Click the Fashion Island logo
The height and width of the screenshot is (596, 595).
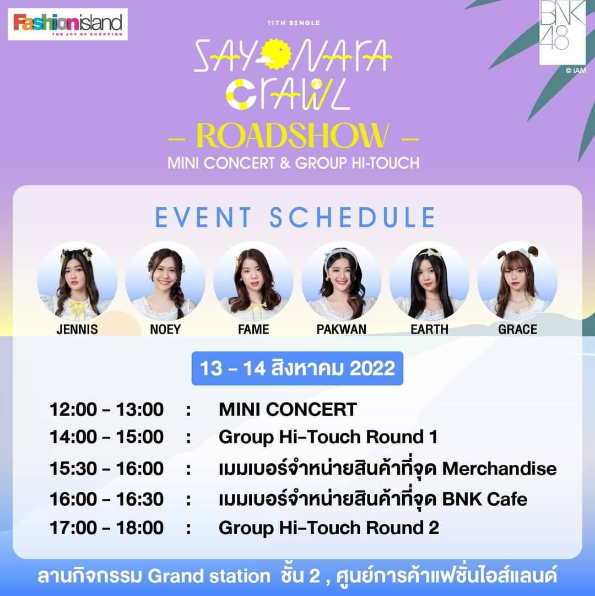coord(68,24)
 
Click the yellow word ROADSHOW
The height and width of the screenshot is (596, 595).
coord(293,136)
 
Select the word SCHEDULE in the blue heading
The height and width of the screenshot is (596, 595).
coord(353,217)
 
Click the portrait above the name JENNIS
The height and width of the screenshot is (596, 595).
coord(78,281)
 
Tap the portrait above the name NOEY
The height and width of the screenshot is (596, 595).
coord(165,281)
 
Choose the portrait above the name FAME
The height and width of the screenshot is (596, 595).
coord(253,281)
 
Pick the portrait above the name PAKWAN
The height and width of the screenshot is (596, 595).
coord(342,281)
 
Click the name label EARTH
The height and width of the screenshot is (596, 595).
coord(430,329)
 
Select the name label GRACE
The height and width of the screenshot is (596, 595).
coord(517,329)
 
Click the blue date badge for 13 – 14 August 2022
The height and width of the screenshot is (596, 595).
coord(297,368)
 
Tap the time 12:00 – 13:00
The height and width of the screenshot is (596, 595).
coord(107,409)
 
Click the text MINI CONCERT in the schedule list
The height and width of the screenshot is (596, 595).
coord(288,409)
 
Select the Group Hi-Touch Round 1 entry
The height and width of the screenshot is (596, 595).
coord(328,437)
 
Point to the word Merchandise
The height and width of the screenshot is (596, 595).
coord(499,469)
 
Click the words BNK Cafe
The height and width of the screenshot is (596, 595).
coord(485,499)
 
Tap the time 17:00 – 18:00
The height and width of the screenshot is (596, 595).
coord(107,528)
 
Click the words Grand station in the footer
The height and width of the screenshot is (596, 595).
coord(209,576)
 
